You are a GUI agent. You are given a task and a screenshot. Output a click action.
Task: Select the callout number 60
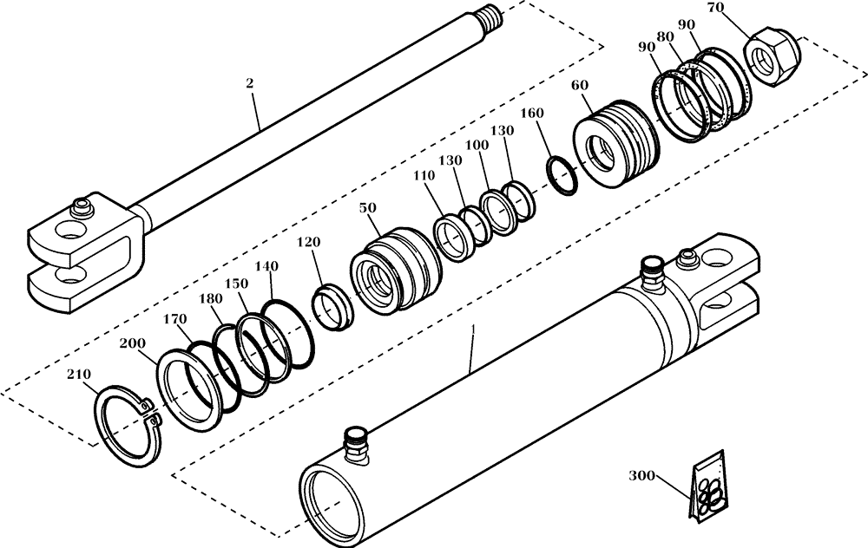click(580, 86)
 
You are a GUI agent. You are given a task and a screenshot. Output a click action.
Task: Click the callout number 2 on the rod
click(250, 83)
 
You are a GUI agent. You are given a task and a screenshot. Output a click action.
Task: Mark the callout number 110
click(424, 174)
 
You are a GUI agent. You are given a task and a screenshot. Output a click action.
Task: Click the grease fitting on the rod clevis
click(83, 205)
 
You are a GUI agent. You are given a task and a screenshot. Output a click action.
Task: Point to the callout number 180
click(210, 297)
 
